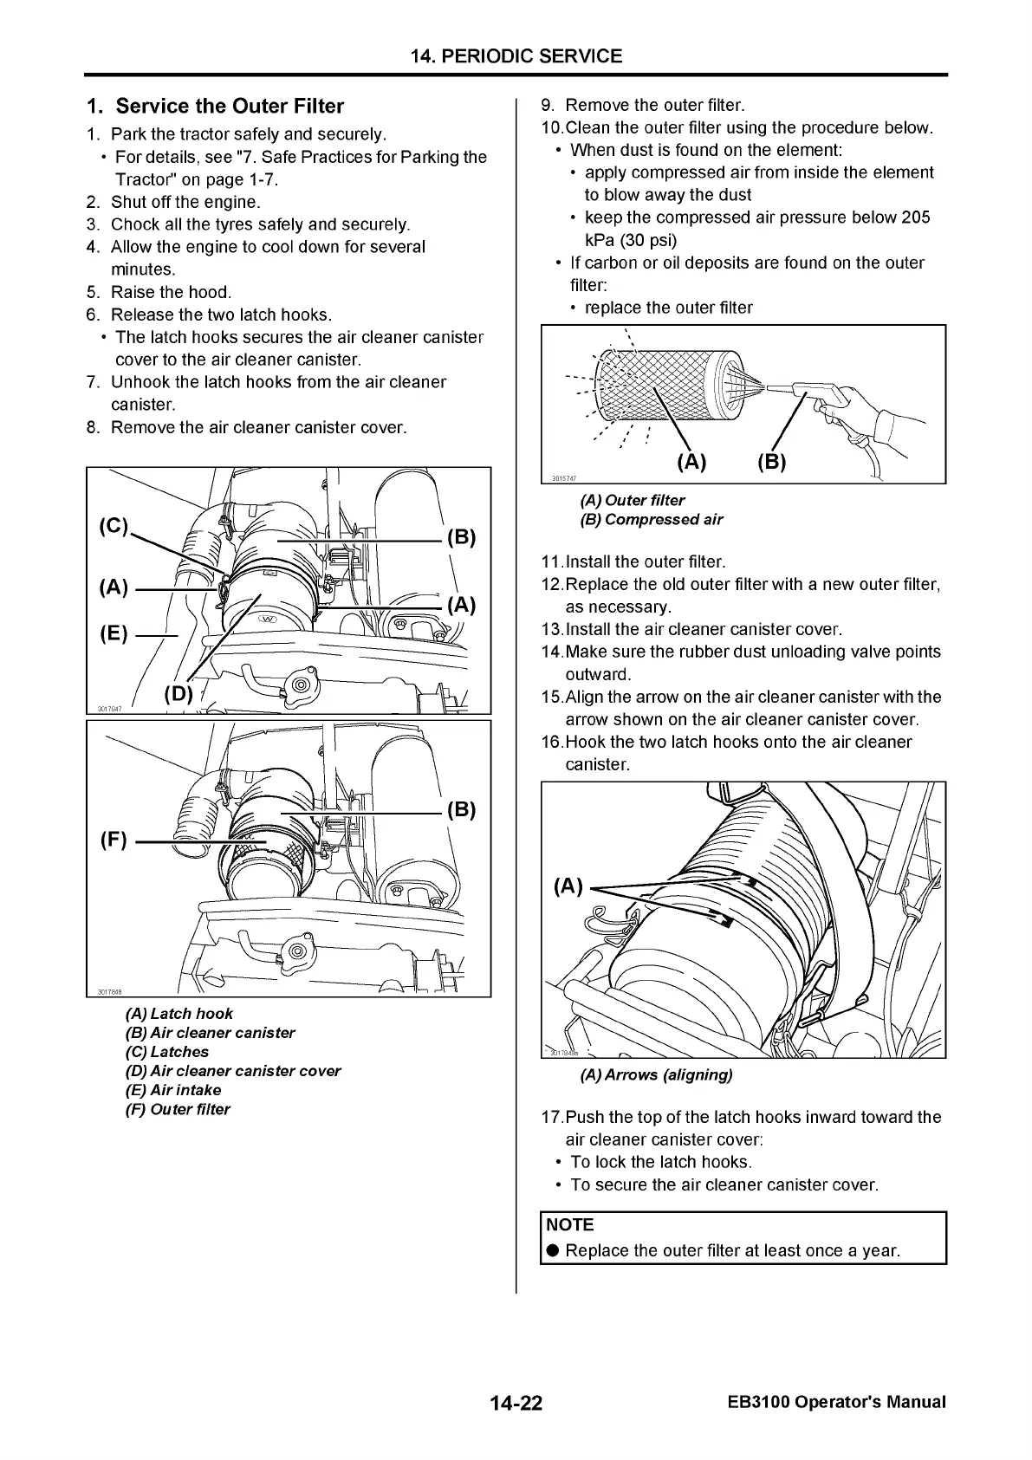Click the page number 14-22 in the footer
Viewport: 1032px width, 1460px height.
516,1403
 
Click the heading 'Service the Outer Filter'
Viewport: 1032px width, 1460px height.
230,107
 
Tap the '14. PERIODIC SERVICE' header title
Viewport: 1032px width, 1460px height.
516,56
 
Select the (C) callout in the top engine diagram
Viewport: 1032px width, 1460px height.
114,527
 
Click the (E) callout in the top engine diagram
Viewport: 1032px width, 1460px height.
114,634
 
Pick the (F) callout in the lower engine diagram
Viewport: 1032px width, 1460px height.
114,840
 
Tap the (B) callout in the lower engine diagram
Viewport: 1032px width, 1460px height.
461,810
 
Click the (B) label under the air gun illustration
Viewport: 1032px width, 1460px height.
771,462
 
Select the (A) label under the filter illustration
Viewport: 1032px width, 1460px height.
691,462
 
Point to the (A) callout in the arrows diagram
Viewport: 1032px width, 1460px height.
568,886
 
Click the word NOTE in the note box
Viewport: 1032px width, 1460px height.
570,1225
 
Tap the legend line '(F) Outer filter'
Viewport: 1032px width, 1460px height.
178,1109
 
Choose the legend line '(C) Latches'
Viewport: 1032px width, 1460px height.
167,1052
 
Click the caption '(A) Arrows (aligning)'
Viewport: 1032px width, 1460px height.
656,1075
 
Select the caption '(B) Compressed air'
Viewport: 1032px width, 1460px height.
651,520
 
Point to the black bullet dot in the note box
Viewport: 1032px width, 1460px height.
551,1251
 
